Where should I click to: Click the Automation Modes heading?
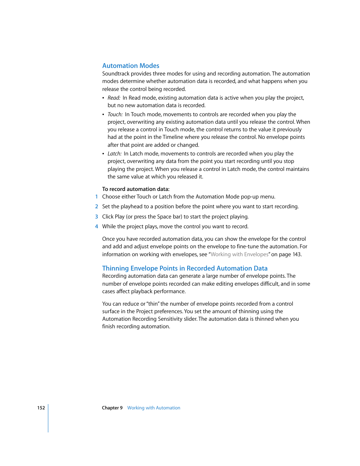[x=131, y=66]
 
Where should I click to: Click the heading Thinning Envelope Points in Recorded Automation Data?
[x=185, y=268]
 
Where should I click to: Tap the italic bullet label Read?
[x=114, y=98]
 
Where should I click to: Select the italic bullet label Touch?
[x=115, y=114]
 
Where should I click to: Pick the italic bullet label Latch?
[x=114, y=154]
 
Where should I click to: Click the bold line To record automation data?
[x=135, y=189]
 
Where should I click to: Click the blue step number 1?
[x=97, y=197]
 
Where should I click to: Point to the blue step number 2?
[x=97, y=206]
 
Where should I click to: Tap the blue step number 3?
[x=97, y=217]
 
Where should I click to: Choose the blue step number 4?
[x=97, y=226]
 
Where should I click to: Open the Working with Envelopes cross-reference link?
[x=239, y=254]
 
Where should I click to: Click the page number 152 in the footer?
[x=41, y=408]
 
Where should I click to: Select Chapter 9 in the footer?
[x=112, y=408]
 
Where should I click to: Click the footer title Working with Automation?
[x=154, y=408]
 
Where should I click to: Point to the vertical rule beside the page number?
[x=48, y=418]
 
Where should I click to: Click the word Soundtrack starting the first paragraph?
[x=115, y=74]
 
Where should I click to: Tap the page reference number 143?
[x=297, y=254]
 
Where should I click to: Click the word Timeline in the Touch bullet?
[x=173, y=137]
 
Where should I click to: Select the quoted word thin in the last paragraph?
[x=153, y=304]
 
